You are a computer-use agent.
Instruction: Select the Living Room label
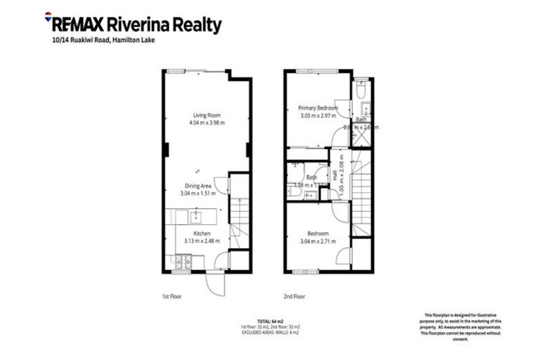[x=208, y=115]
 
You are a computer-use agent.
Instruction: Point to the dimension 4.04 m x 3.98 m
[x=208, y=123]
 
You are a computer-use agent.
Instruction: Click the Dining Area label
[x=196, y=186]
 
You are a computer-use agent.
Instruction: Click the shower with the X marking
[x=361, y=136]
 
